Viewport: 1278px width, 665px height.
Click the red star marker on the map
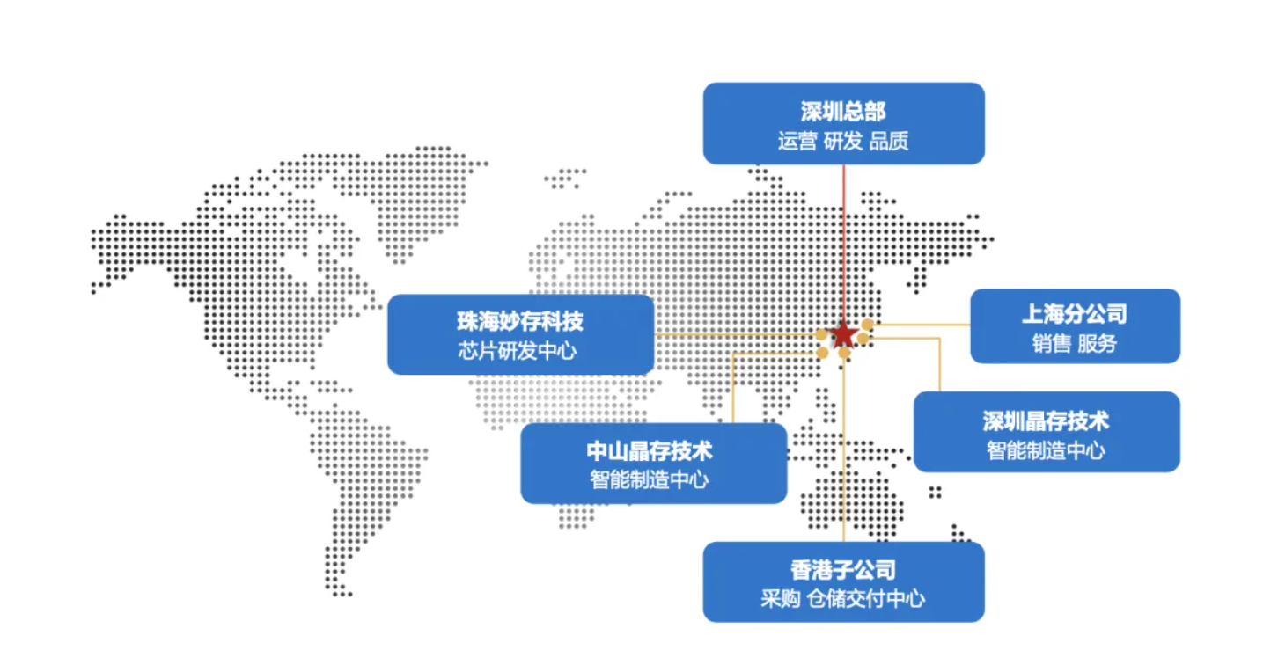tap(843, 334)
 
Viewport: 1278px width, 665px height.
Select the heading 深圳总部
tap(843, 112)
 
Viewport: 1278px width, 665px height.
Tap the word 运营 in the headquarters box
tap(797, 141)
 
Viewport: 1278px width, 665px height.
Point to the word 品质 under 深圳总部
tap(889, 141)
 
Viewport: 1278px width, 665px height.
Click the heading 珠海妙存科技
tap(520, 321)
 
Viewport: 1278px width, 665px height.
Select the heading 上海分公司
tap(1075, 314)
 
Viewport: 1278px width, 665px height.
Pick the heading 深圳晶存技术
tap(1046, 420)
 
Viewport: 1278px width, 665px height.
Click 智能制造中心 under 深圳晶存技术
tap(1046, 450)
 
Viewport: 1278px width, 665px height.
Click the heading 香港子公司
tap(843, 570)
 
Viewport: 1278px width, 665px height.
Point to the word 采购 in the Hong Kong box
tap(781, 599)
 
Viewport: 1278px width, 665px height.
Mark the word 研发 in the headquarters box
tap(843, 141)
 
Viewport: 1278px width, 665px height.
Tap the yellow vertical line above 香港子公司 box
tap(843, 457)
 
